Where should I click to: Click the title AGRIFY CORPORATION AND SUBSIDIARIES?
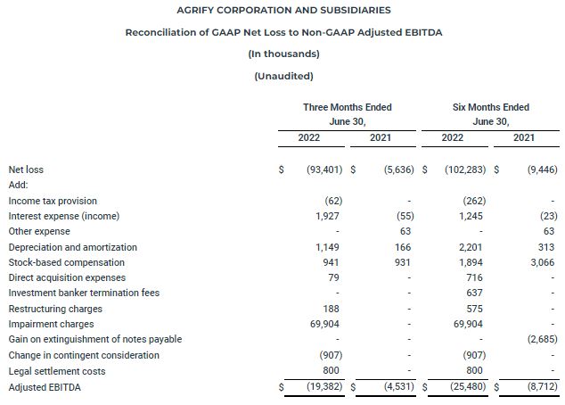pos(283,10)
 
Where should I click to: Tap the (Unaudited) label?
pos(283,75)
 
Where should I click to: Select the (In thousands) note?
pos(283,54)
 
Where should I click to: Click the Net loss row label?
pos(26,169)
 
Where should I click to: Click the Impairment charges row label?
pos(51,324)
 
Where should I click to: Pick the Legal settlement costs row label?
pos(56,370)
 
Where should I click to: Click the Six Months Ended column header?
pos(491,107)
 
